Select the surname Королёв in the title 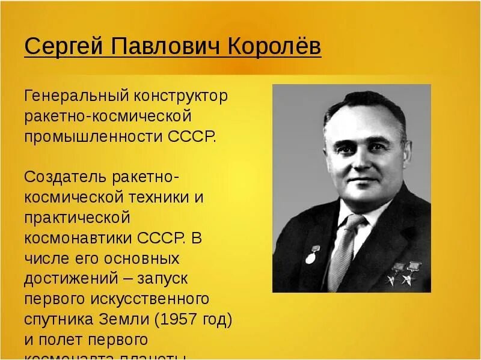coord(274,47)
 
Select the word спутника coord(58,319)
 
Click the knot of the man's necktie coord(354,223)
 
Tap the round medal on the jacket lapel coord(310,258)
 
